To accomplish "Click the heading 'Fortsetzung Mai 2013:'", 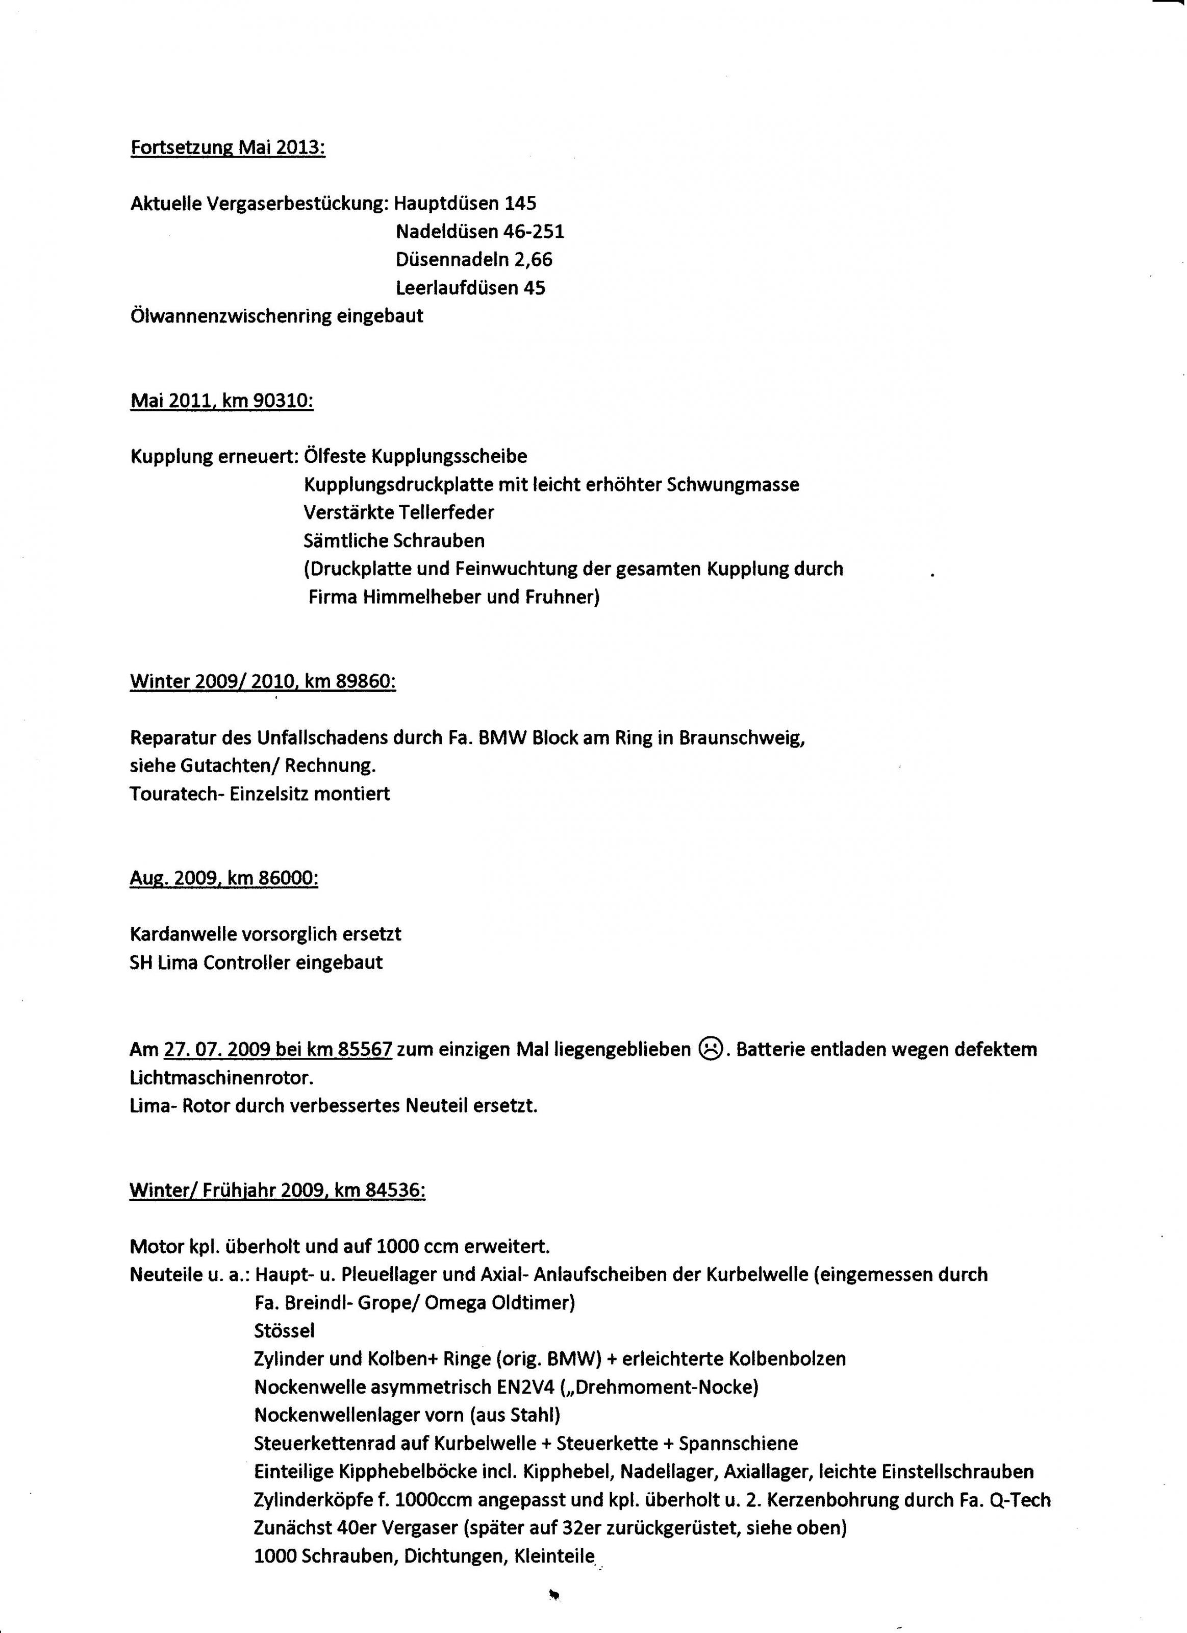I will tap(228, 149).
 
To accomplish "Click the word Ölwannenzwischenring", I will tap(231, 315).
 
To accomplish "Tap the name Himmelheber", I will tap(424, 598).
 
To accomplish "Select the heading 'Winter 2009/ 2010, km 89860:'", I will tap(263, 681).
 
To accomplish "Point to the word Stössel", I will tap(284, 1330).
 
